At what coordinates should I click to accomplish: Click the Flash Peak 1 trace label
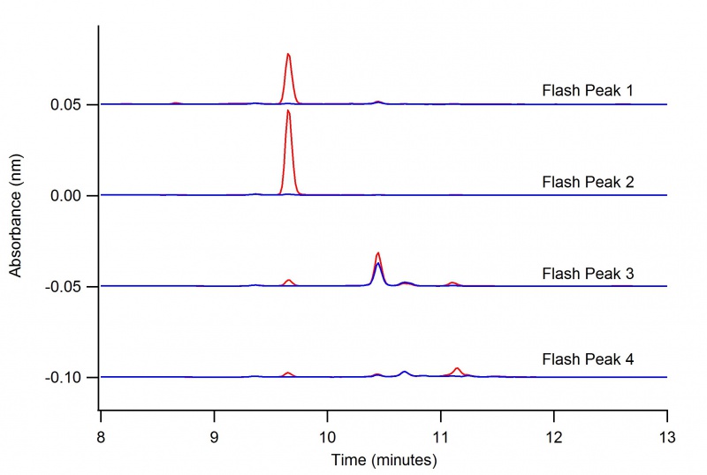[x=587, y=91]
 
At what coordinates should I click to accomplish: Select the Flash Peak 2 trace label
[x=587, y=183]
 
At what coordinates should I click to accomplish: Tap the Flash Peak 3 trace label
[x=587, y=275]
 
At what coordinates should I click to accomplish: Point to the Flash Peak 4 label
[x=587, y=359]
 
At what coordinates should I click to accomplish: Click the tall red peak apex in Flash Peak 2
[x=288, y=110]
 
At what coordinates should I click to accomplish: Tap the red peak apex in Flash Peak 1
[x=288, y=54]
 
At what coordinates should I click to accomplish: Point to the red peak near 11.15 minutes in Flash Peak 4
[x=457, y=368]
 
